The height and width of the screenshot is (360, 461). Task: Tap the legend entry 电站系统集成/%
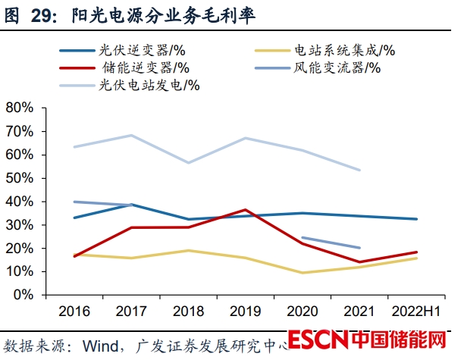(x=345, y=51)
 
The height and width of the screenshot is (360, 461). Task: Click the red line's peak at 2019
(x=245, y=209)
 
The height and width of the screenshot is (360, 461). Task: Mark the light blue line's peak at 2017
(x=131, y=136)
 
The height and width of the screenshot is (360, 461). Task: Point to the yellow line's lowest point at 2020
(x=302, y=273)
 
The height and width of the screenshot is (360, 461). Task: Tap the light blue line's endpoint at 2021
(x=359, y=170)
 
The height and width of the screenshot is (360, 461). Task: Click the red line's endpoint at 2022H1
(x=416, y=252)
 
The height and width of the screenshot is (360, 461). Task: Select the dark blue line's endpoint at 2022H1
(x=416, y=219)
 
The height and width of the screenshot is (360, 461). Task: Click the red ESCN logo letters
(x=318, y=338)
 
